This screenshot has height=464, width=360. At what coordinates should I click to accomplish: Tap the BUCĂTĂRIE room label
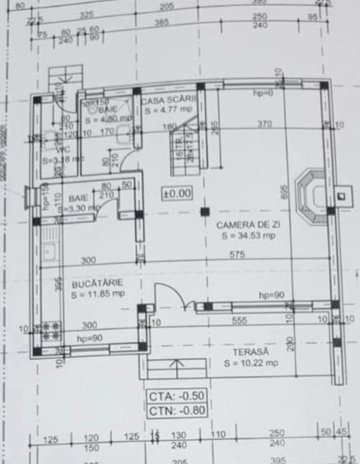[97, 282]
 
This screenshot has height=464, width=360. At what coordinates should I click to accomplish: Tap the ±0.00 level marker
[176, 195]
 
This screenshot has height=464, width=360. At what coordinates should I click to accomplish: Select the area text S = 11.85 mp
[97, 293]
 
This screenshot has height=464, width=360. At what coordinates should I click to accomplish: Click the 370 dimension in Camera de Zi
[264, 124]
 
